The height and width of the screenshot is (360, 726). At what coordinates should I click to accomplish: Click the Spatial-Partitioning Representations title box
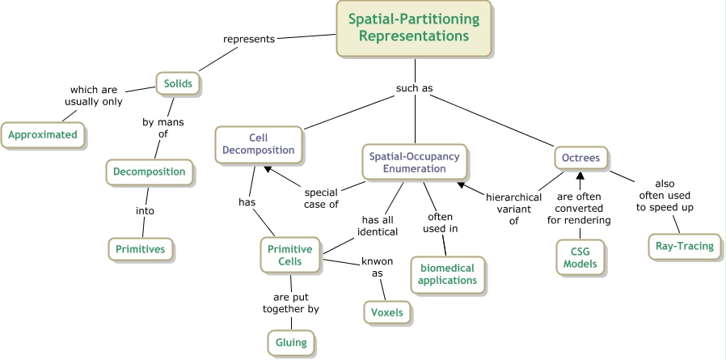(x=413, y=28)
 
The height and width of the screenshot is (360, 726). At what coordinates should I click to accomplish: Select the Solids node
(x=177, y=83)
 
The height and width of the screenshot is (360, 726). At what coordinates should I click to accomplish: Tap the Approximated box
(x=43, y=134)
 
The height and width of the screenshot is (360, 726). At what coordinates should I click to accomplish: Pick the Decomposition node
(x=150, y=172)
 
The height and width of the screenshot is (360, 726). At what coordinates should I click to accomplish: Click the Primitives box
(x=141, y=249)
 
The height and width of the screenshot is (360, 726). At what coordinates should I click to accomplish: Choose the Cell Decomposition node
(x=260, y=143)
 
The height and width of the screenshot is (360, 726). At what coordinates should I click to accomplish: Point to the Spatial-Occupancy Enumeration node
(x=414, y=161)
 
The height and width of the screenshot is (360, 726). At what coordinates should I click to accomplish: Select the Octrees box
(x=580, y=158)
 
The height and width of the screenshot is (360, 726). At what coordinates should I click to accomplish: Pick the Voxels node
(x=386, y=311)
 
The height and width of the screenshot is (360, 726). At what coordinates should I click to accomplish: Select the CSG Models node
(x=581, y=257)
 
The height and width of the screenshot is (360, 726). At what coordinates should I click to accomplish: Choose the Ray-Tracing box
(x=684, y=246)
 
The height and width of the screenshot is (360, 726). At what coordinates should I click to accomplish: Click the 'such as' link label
(x=414, y=88)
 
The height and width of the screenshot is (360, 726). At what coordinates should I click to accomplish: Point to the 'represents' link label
(x=250, y=37)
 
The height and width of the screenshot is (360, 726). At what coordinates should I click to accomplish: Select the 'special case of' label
(x=321, y=198)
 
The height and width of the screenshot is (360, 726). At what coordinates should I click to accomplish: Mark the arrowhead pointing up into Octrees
(x=579, y=175)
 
